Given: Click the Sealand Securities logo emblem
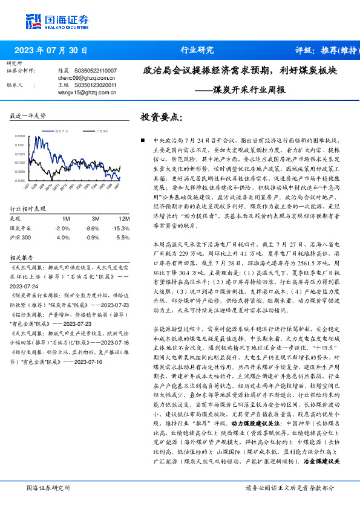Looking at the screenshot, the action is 34,22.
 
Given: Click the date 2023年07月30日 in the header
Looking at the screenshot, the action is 50,51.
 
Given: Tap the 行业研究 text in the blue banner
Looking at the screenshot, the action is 197,50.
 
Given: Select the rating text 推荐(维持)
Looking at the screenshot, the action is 338,51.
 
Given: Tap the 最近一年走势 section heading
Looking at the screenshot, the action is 28,115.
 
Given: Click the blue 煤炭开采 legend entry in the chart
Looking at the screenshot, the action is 62,130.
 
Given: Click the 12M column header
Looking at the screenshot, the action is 124,218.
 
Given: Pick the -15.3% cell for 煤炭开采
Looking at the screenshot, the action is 122,229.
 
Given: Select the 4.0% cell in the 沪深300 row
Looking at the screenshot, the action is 63,238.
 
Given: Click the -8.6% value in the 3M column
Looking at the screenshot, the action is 93,229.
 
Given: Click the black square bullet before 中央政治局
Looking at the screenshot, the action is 142,140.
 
